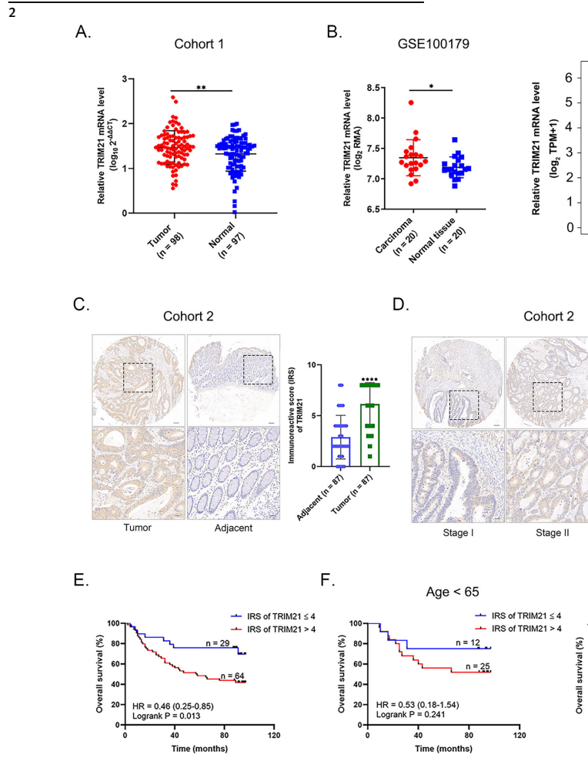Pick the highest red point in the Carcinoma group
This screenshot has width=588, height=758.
(x=411, y=102)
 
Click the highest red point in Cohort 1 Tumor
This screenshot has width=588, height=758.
(x=174, y=99)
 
